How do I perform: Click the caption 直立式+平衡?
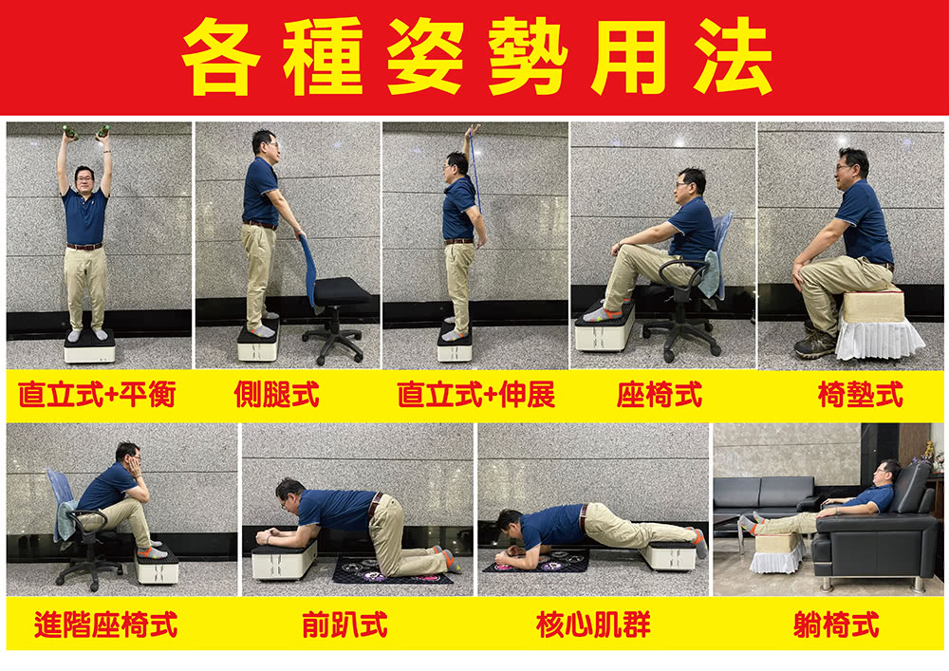click(x=97, y=395)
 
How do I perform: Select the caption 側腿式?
click(x=276, y=395)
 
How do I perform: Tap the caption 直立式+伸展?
click(x=475, y=395)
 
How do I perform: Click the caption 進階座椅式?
click(x=105, y=624)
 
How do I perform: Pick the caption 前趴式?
click(x=344, y=624)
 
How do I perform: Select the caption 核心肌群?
click(x=593, y=624)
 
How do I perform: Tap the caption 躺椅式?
click(x=836, y=624)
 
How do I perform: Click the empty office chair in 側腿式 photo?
click(x=337, y=304)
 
